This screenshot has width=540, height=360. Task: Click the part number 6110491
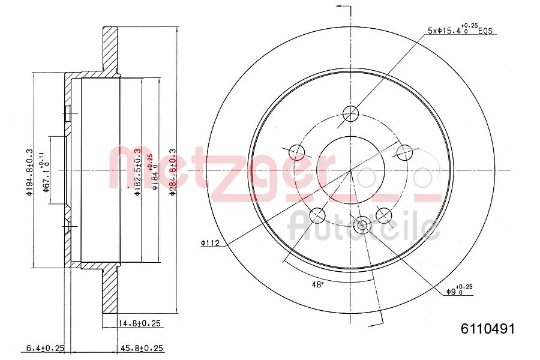click(487, 329)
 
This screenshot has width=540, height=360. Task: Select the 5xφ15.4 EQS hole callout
click(459, 29)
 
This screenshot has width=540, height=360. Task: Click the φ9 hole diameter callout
click(459, 291)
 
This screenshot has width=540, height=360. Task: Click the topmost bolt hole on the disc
click(351, 113)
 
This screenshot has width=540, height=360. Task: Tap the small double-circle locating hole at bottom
click(361, 226)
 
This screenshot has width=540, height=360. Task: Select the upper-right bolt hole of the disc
click(406, 152)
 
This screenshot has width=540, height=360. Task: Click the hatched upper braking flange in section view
click(110, 51)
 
